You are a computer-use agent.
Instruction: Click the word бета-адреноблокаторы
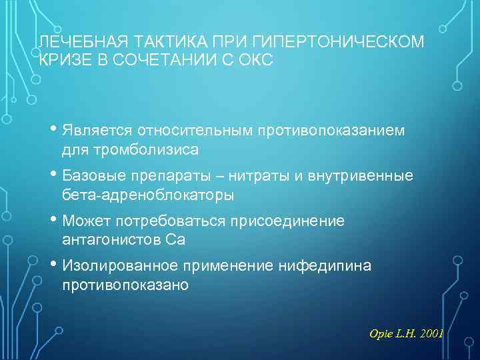(147, 195)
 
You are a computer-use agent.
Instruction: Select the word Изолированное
(120, 265)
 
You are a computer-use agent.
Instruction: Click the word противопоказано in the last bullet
(125, 285)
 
